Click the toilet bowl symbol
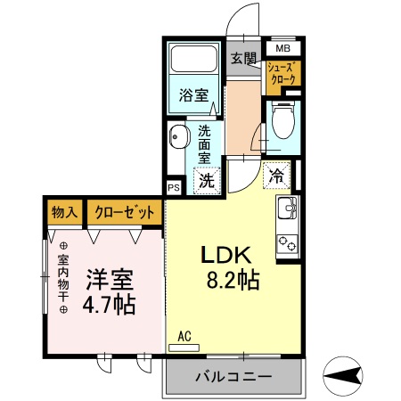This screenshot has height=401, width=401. pyautogui.click(x=282, y=121)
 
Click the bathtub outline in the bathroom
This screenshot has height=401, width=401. pyautogui.click(x=194, y=61)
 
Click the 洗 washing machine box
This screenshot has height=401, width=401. pyautogui.click(x=206, y=179)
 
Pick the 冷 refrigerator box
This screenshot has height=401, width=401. pyautogui.click(x=277, y=176)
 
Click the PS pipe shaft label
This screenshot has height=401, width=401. pyautogui.click(x=173, y=189)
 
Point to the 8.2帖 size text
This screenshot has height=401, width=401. pyautogui.click(x=231, y=282)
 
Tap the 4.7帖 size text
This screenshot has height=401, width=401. pyautogui.click(x=110, y=306)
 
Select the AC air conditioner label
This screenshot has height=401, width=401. pyautogui.click(x=184, y=336)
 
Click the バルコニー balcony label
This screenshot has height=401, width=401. pyautogui.click(x=233, y=377)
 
